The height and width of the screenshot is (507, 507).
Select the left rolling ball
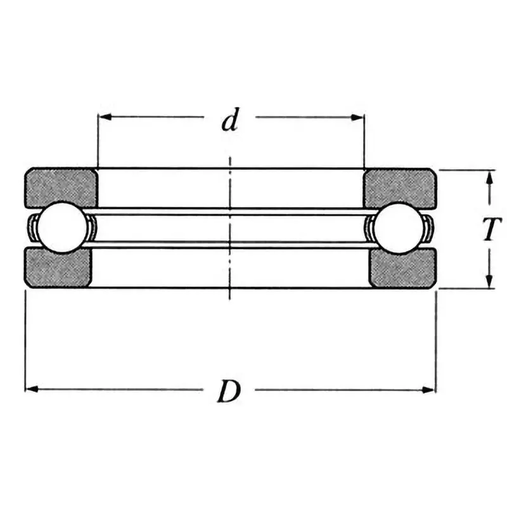pyautogui.click(x=62, y=229)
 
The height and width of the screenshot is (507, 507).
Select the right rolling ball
pyautogui.click(x=399, y=229)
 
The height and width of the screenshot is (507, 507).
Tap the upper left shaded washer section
pyautogui.click(x=60, y=188)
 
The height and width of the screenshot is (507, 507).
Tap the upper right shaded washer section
pyautogui.click(x=399, y=188)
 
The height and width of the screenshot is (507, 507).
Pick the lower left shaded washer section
pyautogui.click(x=58, y=267)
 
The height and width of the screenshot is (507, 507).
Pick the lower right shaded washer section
pyautogui.click(x=402, y=267)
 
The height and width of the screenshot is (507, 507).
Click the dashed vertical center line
pyautogui.click(x=229, y=228)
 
